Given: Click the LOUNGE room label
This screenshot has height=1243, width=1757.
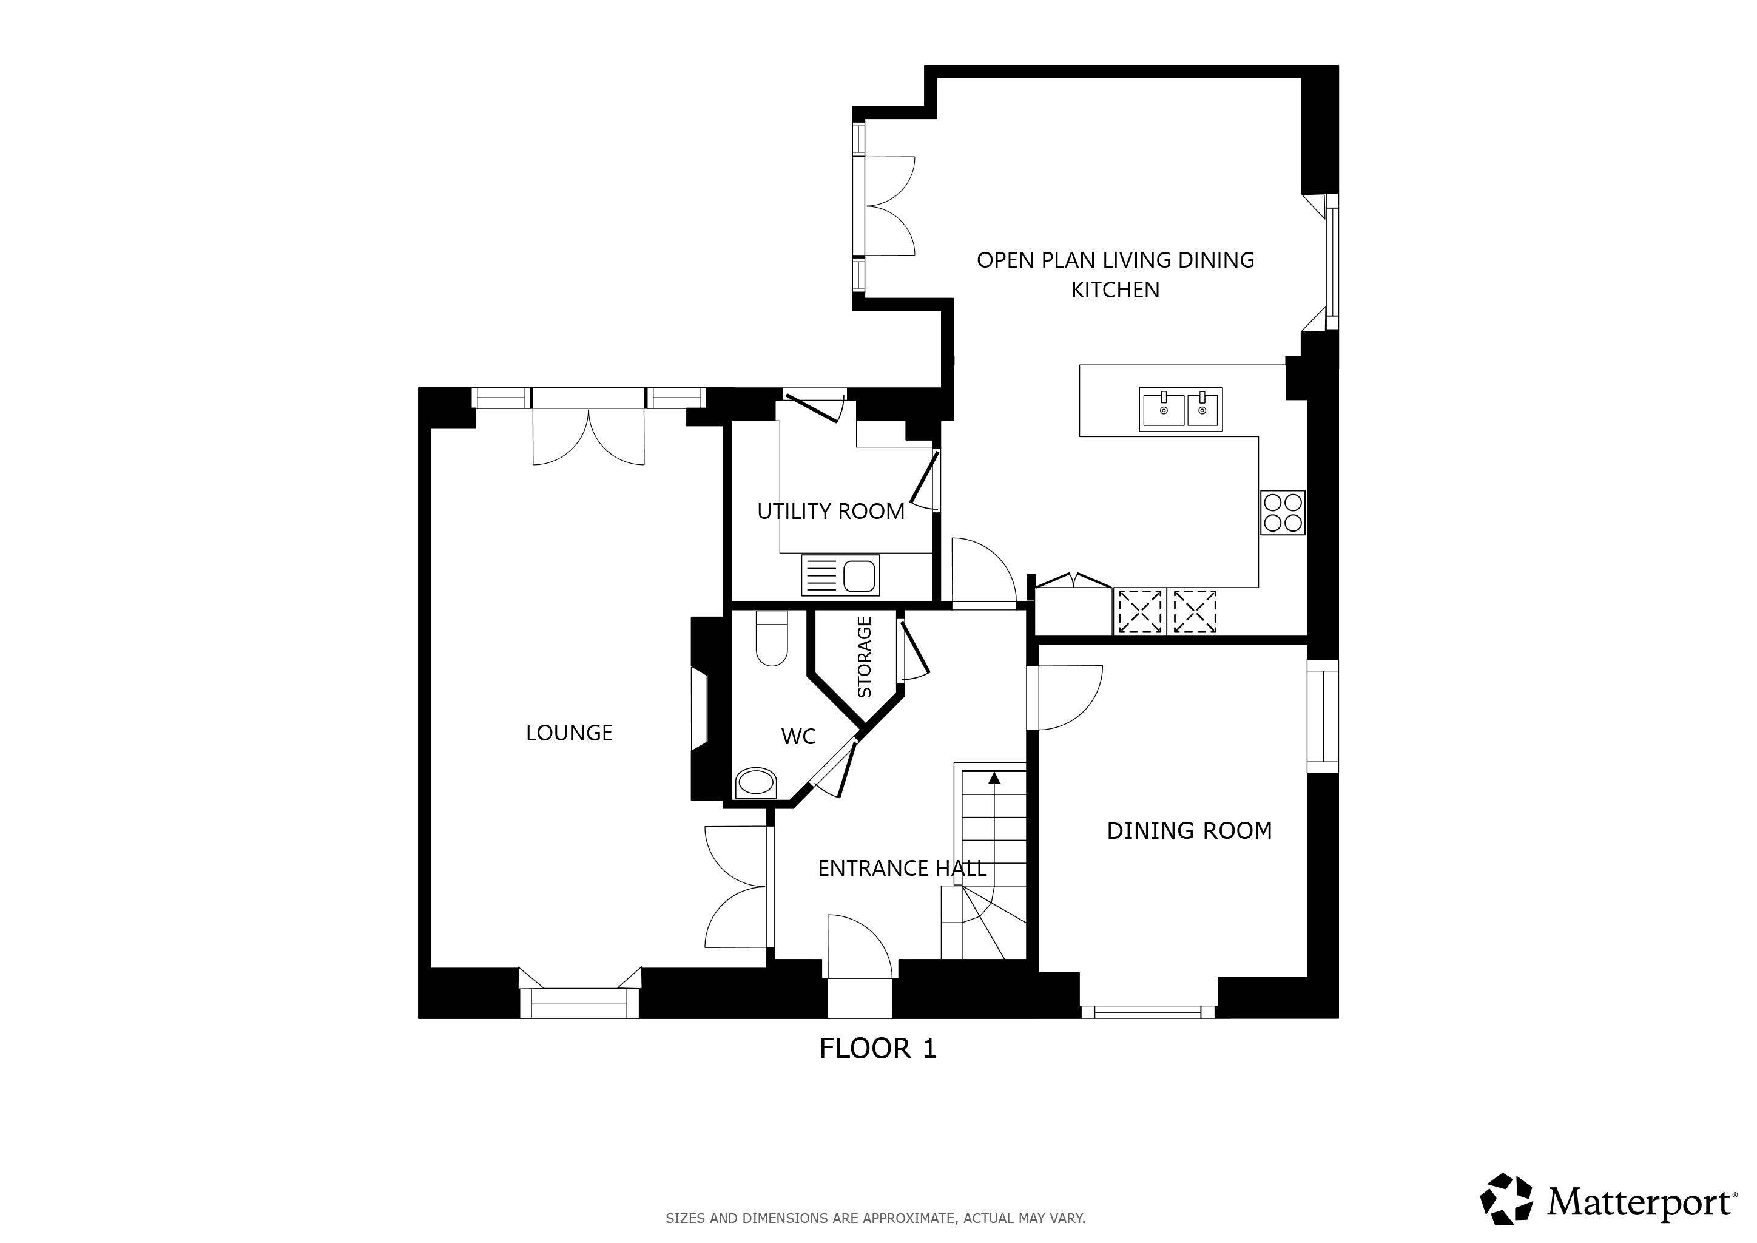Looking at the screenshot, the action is pos(568,733).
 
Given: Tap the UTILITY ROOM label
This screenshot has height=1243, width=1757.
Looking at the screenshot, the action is pos(831,511).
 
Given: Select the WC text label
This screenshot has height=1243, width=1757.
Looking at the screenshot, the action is pos(798,736).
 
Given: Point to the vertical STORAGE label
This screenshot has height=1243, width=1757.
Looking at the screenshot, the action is pos(865,657).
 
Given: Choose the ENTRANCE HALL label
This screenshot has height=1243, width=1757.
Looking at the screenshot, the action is pos(902,868).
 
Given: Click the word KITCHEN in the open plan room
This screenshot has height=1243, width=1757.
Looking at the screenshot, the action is pos(1115,290).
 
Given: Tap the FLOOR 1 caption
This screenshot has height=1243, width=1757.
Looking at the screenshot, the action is pos(878,1048).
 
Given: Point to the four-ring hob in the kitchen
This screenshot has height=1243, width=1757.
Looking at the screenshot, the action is pos(1283,513).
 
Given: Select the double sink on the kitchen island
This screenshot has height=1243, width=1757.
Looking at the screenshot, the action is pos(1181,410).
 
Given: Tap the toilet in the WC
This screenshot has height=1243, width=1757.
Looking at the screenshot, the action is pos(771,638).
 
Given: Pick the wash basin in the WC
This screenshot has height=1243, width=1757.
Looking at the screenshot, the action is pos(755,784).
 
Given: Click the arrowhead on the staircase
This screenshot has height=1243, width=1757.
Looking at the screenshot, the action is pos(994,777).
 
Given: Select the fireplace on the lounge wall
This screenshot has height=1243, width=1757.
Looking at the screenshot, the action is pos(700,708).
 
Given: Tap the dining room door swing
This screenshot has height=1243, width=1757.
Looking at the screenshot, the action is pos(1070,697).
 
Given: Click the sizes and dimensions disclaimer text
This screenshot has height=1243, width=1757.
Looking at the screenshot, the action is pos(875,1217).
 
